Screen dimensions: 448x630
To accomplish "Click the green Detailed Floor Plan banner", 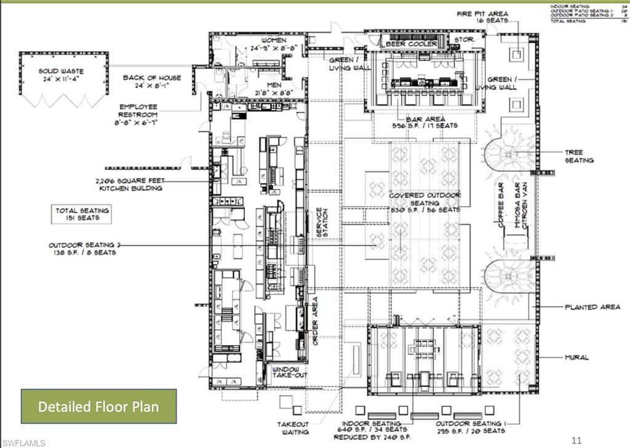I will tap(98, 406).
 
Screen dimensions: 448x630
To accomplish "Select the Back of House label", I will tap(151, 82).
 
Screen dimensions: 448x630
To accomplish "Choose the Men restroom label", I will tap(274, 89).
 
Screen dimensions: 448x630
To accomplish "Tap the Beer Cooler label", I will tap(412, 44).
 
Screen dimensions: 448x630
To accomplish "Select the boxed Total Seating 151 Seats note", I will tap(82, 214).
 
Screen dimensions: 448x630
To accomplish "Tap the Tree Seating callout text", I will tap(579, 156).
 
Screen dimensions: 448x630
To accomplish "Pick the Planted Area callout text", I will tap(592, 306).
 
